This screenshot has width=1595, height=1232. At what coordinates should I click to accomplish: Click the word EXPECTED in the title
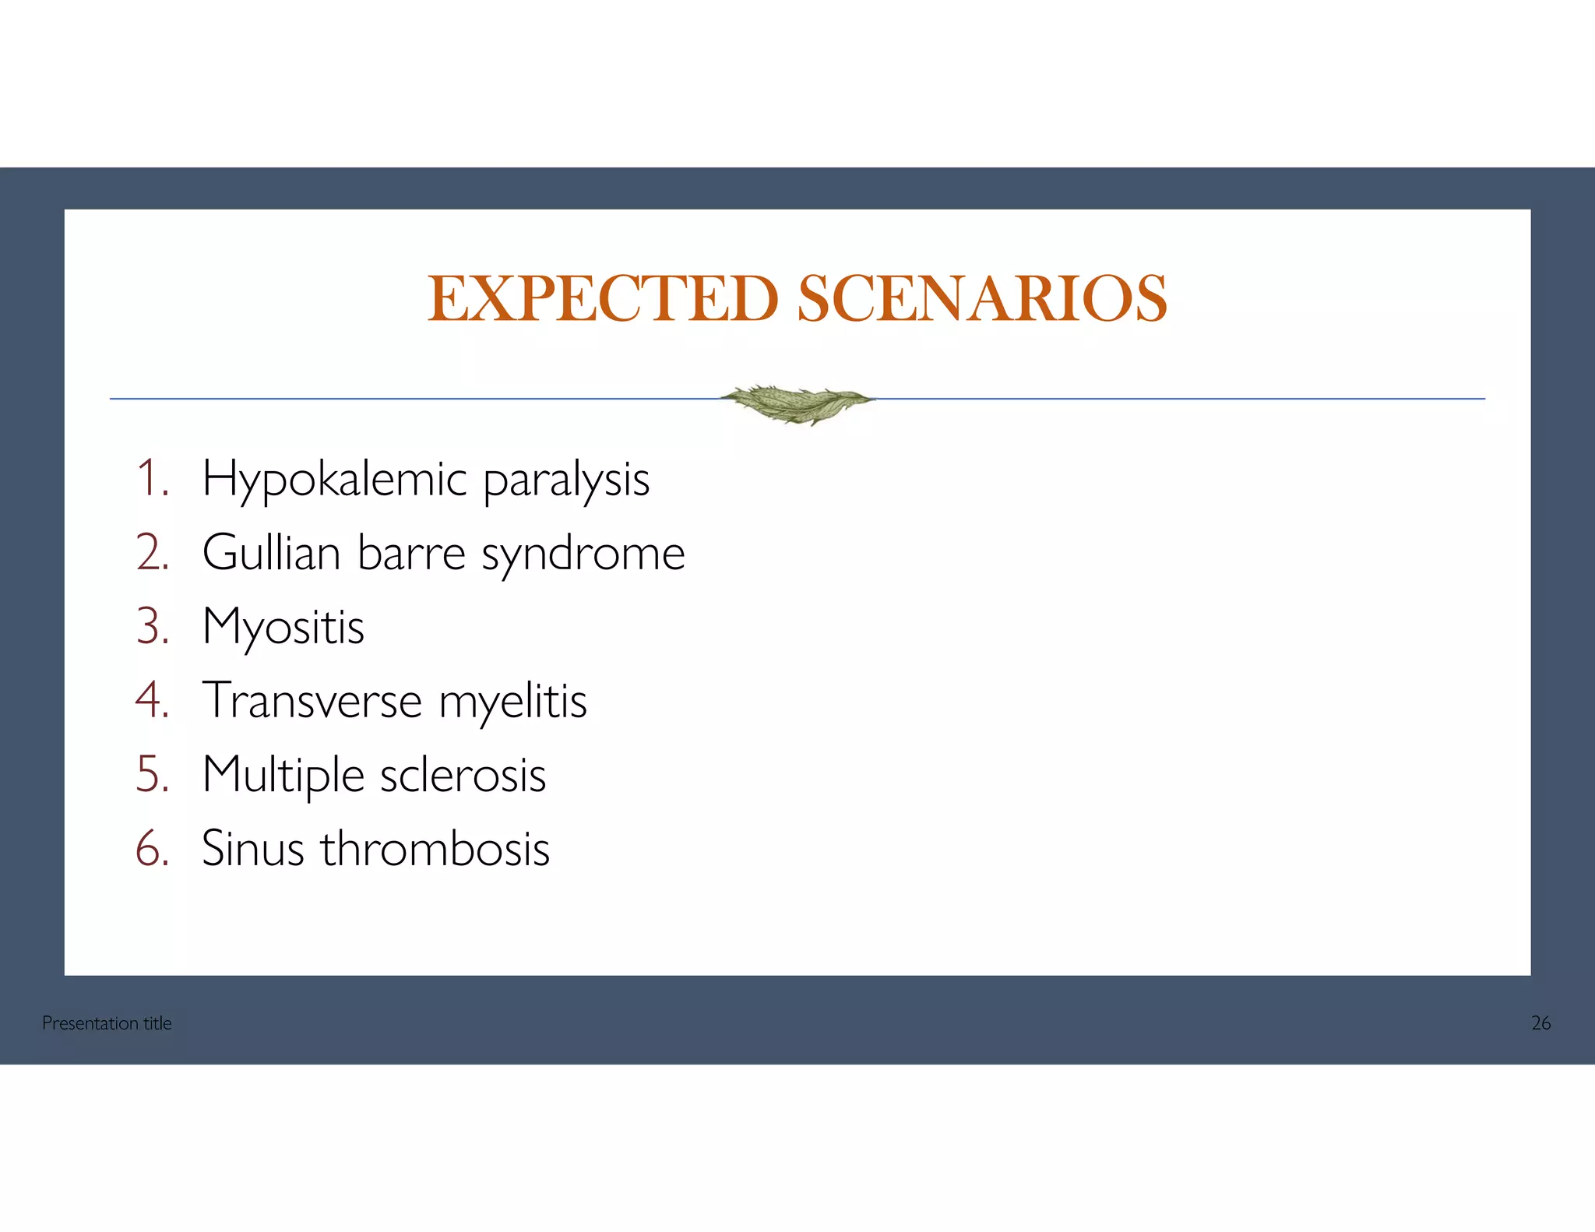(x=603, y=299)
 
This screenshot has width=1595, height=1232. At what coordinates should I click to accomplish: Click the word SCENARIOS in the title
(x=982, y=299)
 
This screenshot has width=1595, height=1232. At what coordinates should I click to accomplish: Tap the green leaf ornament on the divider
(x=797, y=403)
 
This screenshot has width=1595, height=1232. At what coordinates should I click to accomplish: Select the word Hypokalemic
(x=335, y=480)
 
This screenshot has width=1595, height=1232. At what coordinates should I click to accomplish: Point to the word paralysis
(x=566, y=480)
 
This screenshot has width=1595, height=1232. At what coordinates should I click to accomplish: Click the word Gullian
(x=272, y=553)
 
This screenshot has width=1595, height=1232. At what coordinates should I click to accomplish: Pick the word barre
(x=411, y=553)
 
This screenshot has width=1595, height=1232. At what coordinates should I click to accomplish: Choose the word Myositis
(x=283, y=628)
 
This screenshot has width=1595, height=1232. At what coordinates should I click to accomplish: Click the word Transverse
(x=312, y=701)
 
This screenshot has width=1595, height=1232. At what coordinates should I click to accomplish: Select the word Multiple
(x=283, y=776)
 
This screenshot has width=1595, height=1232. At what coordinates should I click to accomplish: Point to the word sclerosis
(x=463, y=776)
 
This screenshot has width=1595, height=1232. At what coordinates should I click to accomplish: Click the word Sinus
(x=253, y=849)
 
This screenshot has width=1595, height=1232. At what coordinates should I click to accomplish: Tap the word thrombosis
(x=435, y=849)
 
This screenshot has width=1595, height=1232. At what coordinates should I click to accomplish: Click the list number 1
(x=152, y=478)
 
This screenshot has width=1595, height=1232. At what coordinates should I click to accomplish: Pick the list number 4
(x=152, y=701)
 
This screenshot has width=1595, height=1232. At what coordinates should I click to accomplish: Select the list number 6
(x=152, y=849)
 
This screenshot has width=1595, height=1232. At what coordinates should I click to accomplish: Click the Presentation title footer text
(x=107, y=1023)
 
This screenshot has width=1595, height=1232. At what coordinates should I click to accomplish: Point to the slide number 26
(x=1540, y=1023)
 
